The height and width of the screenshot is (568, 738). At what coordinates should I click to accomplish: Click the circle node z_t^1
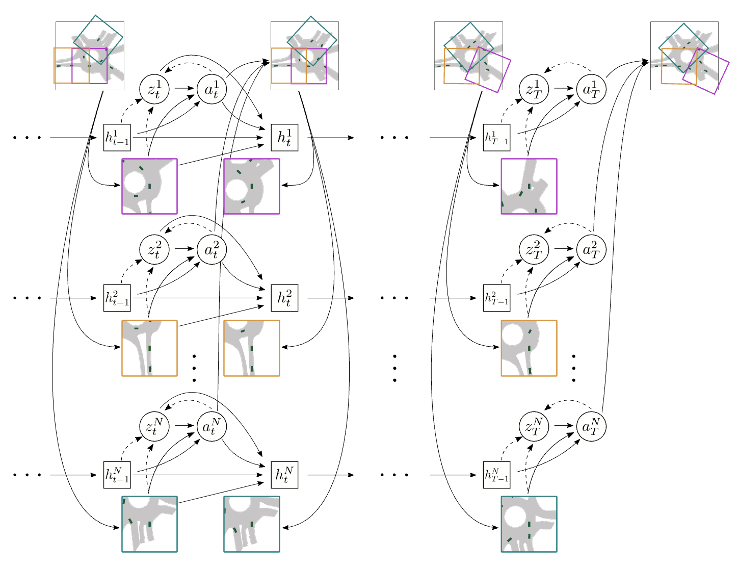click(154, 88)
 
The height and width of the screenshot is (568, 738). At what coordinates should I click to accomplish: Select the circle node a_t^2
click(212, 249)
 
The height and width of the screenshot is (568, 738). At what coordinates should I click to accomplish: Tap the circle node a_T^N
click(591, 426)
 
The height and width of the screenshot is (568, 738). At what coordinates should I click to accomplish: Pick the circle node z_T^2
click(534, 249)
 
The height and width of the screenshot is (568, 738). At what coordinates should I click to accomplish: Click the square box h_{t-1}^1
click(117, 138)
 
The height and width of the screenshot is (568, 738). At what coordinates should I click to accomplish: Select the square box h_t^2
click(284, 298)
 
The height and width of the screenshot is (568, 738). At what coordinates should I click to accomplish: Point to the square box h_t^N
click(284, 475)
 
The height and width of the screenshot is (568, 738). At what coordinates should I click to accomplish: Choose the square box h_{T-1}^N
click(496, 475)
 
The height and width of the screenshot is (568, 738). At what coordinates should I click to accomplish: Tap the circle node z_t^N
click(154, 426)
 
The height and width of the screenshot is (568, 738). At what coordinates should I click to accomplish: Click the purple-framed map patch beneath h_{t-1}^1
click(149, 186)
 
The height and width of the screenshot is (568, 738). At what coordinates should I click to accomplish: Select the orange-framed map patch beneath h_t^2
click(252, 348)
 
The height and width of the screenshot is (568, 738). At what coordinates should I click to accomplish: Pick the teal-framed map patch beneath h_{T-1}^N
click(529, 524)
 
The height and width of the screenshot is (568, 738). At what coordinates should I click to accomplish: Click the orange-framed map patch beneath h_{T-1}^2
click(529, 348)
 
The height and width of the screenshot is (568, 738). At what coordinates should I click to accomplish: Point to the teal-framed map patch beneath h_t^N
click(252, 524)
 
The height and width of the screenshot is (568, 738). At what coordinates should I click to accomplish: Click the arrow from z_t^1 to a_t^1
click(182, 88)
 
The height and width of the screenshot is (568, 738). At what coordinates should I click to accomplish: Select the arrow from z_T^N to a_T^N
click(563, 426)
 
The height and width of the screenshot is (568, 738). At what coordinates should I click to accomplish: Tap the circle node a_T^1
click(591, 88)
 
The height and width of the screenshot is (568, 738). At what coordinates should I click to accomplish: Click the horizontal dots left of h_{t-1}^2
click(28, 298)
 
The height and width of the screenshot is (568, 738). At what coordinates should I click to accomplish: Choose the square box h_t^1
click(284, 138)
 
